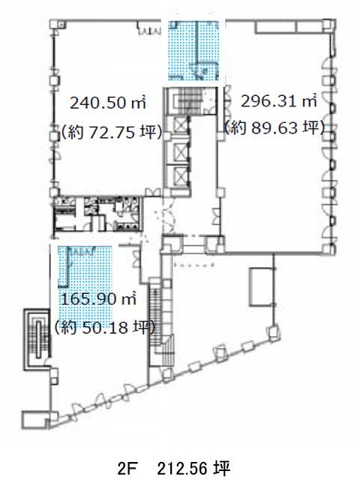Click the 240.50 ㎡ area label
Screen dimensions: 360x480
coord(108,103)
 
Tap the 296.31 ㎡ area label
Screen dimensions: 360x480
coord(278,101)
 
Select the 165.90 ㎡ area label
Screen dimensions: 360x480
coord(98,299)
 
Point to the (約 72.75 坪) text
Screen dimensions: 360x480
coord(112,132)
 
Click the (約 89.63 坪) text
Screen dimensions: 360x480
coord(274,127)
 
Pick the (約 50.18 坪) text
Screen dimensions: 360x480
coord(105,328)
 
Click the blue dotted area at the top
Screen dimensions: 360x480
coord(193,50)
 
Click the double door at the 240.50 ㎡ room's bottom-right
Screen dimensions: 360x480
coord(153,193)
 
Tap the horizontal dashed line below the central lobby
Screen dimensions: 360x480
coord(193,265)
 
